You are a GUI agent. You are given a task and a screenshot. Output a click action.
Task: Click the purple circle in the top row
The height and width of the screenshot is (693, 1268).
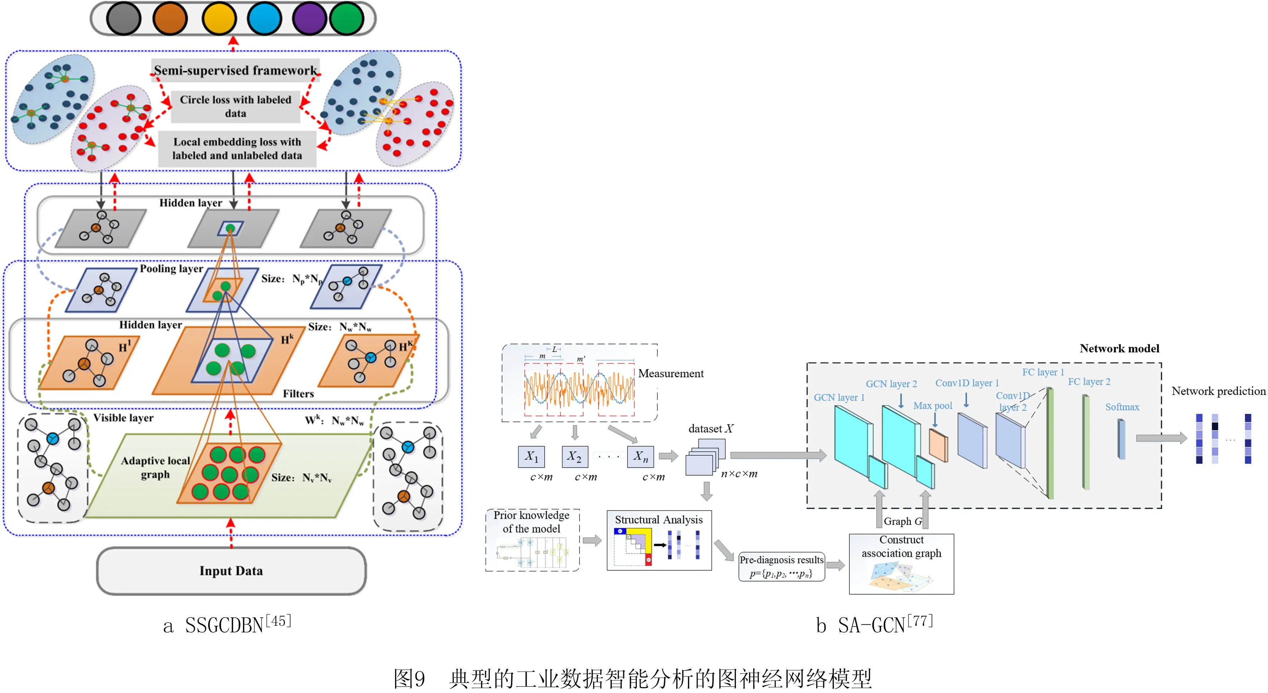coord(309,19)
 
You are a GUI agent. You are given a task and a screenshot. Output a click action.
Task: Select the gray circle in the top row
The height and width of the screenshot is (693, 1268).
coord(123,19)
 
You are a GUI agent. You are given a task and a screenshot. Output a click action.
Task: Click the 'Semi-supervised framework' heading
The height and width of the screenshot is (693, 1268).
coord(235,70)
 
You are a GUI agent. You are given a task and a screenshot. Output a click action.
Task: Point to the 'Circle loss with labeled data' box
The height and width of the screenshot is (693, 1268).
coord(235,106)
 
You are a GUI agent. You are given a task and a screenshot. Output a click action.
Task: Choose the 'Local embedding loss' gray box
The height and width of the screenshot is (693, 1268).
coord(237,148)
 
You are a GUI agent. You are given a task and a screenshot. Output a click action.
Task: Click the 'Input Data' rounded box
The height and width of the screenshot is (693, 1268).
coord(231,571)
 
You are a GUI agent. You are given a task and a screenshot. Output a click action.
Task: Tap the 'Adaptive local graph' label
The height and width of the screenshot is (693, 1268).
coord(155,467)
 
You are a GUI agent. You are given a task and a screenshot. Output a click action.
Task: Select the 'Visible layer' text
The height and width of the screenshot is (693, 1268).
coord(123,418)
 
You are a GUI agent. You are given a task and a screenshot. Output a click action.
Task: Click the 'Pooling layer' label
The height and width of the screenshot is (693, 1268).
coord(171,269)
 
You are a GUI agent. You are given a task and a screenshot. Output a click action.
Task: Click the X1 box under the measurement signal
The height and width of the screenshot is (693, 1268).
coord(531,456)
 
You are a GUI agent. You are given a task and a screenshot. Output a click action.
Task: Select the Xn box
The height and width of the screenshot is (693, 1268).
coord(640,456)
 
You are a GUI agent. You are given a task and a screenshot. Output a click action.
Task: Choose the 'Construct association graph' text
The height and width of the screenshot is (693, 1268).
coord(901,546)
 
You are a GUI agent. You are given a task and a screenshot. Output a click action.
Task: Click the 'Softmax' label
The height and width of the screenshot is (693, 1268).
coord(1122,407)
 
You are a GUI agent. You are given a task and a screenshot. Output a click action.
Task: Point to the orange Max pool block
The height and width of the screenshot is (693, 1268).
coord(938,445)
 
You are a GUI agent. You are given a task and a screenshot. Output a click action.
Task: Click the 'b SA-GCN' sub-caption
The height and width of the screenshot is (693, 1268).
coord(874,625)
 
